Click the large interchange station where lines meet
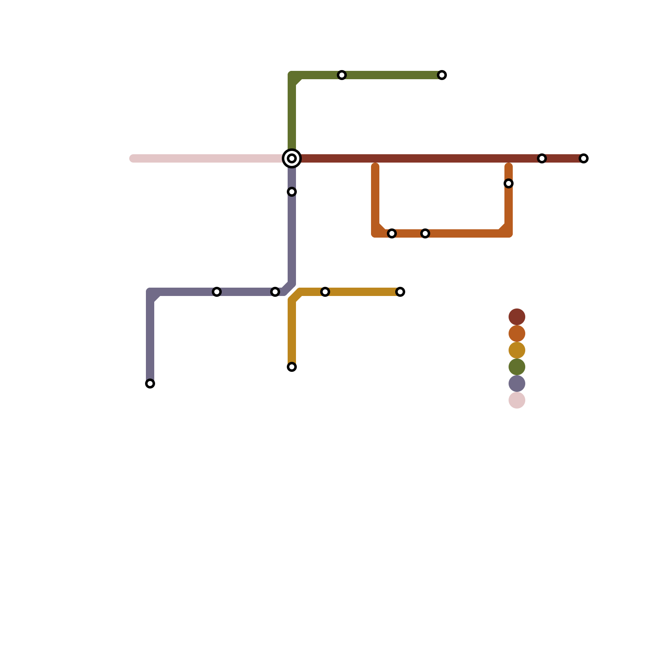pos(292,158)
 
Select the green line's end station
pos(442,75)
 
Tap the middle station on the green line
pos(342,75)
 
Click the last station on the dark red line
pos(584,158)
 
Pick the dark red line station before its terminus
pos(542,158)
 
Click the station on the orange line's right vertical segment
pos(509,183)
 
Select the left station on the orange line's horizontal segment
pos(392,233)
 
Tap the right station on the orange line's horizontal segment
pos(425,233)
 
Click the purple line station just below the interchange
pos(292,192)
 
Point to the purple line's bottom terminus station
pos(150,384)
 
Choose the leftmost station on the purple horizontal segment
pos(217,292)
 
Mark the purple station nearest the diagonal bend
pos(275,292)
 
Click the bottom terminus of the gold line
pos(292,367)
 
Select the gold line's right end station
pos(400,292)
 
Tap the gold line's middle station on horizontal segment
pos(325,292)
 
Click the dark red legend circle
pos(517,317)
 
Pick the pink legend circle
pos(517,400)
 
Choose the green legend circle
pos(517,367)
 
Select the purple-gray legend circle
pos(517,384)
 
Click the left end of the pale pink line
pos(133,158)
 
